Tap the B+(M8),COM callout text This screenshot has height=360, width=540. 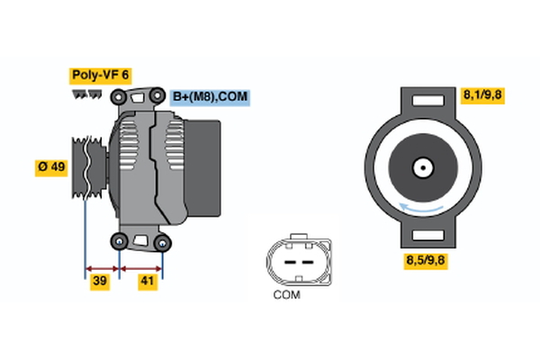pos(209,97)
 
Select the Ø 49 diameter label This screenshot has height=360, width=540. pos(51,167)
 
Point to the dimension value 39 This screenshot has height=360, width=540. pos(101,283)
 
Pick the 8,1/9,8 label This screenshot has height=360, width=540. pos(482,94)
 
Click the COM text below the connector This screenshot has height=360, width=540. pos(285,294)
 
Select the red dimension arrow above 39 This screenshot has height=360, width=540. pos(102,267)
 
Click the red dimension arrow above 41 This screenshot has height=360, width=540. pos(141,267)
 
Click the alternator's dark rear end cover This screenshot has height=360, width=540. pos(209,168)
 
